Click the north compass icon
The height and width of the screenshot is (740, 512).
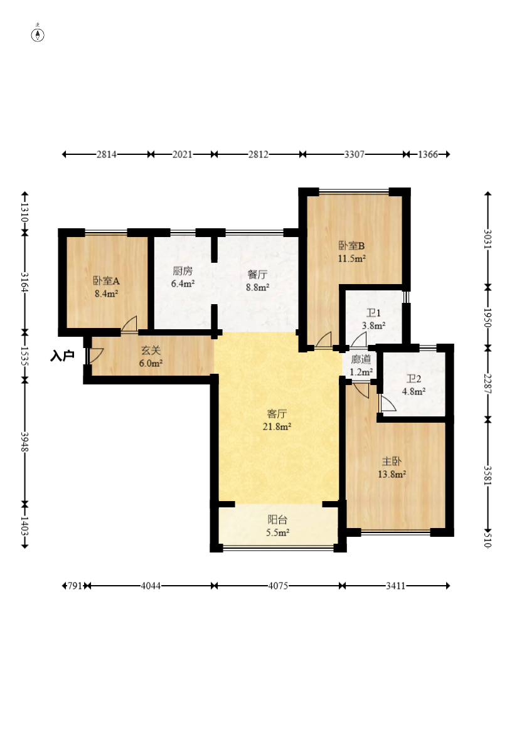(38, 34)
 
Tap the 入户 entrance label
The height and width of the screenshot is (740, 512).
(62, 356)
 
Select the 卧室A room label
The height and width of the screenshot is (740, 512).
(106, 282)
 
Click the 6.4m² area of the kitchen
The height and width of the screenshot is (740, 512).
(183, 284)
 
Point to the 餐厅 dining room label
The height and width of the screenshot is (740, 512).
(257, 274)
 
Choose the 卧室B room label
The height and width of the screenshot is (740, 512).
(351, 246)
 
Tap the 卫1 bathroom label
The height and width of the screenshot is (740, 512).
(373, 313)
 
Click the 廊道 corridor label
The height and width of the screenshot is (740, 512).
(361, 359)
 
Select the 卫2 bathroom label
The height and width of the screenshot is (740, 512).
(413, 379)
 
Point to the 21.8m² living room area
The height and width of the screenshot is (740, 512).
(277, 426)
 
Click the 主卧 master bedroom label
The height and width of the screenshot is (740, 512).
(392, 462)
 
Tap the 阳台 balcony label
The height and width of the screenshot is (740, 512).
(277, 520)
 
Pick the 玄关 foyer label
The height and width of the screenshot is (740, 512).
(151, 351)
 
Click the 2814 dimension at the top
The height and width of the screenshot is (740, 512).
(107, 154)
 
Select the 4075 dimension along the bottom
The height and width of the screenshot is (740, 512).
(278, 586)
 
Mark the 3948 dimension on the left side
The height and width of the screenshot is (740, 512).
(24, 441)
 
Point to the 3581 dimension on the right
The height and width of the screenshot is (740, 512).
(488, 476)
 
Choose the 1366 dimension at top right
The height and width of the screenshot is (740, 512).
(428, 154)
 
